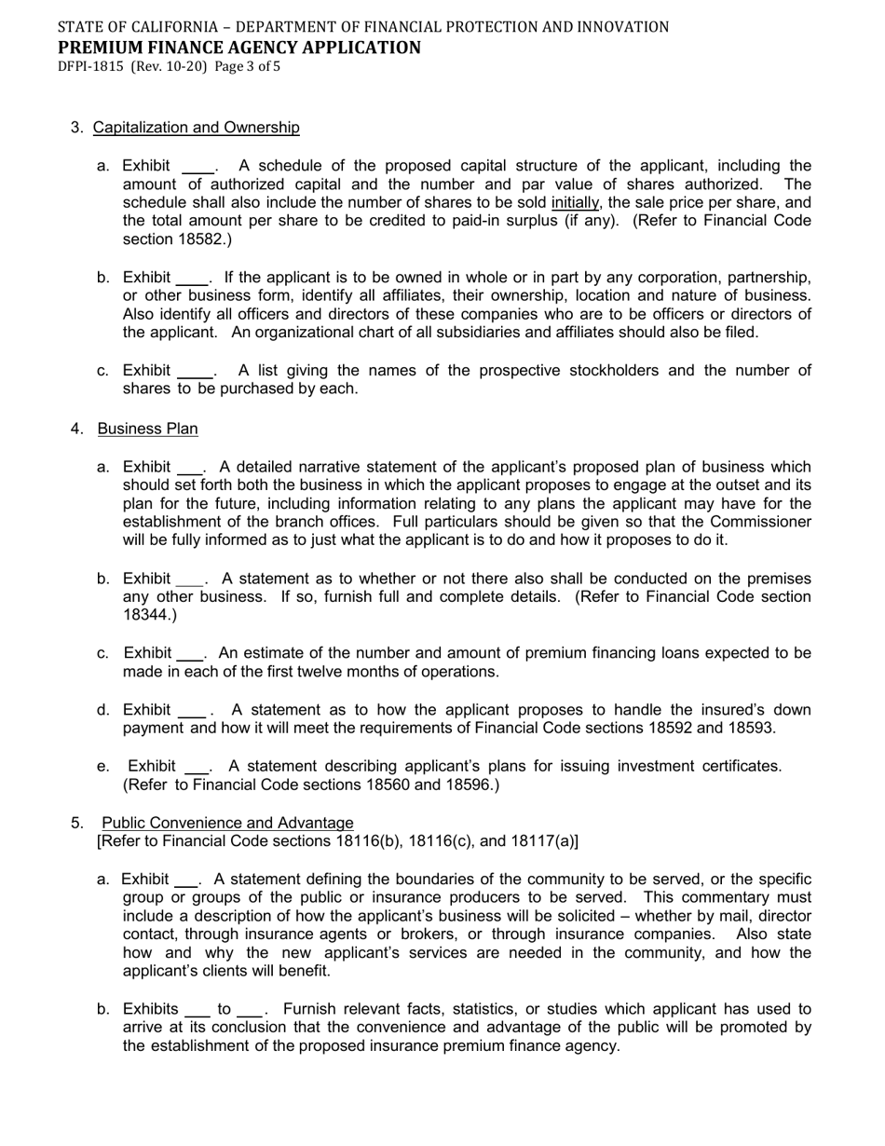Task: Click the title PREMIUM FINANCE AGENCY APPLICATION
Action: pos(238,48)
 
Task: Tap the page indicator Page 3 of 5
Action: pos(247,67)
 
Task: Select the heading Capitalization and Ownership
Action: pos(197,128)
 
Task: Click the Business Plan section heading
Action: pos(147,429)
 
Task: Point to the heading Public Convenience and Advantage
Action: pos(227,823)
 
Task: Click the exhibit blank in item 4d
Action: pos(192,712)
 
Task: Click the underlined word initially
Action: pos(575,203)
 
